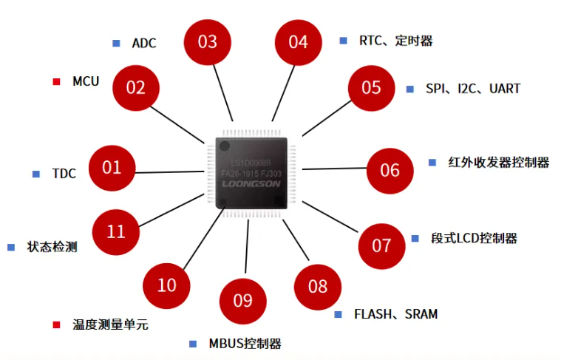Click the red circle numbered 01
point(112,168)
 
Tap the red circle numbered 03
point(208,42)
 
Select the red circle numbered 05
point(371,88)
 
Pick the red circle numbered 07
point(381,245)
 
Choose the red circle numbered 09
point(243,301)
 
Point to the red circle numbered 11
point(116,232)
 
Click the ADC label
point(144,43)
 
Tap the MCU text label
point(86,81)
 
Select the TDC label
point(64,174)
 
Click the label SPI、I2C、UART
point(473,89)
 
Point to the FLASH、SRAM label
point(395,314)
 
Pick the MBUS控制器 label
point(245,344)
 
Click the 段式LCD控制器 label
point(474,238)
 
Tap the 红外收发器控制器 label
point(499,163)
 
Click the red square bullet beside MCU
point(56,81)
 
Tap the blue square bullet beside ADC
point(116,43)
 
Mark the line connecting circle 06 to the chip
point(336,169)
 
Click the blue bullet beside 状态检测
point(11,247)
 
